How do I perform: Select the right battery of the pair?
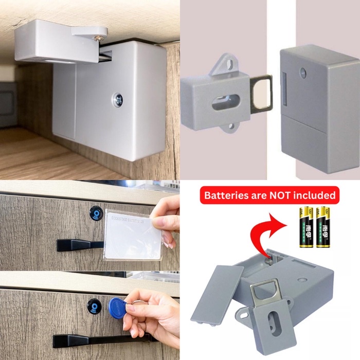(x=322, y=226)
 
